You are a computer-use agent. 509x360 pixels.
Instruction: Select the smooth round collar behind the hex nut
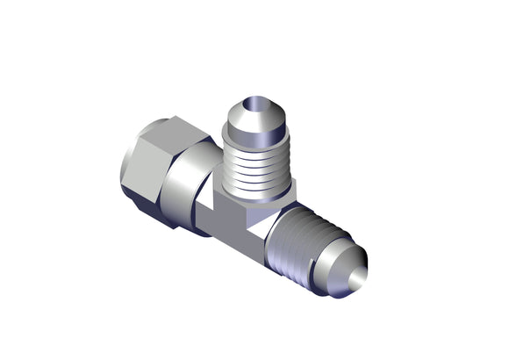point(189,189)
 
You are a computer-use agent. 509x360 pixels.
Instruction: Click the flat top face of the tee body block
point(250,206)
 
